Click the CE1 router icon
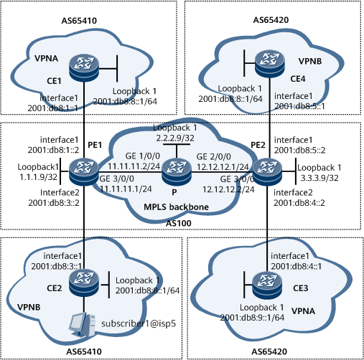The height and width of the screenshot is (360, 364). [84, 67]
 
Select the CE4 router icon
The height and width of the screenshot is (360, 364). [270, 64]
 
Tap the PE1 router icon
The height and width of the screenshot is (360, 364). [84, 171]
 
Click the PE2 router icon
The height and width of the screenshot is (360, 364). [267, 171]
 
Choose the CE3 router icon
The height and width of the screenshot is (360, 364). [267, 285]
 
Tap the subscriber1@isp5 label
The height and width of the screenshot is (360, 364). [139, 323]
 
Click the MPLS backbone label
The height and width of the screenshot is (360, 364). [176, 207]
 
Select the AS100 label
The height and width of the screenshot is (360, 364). [179, 223]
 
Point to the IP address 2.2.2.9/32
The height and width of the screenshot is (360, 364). [175, 138]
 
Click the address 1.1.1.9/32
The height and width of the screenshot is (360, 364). [38, 177]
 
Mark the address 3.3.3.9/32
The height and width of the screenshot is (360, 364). [319, 178]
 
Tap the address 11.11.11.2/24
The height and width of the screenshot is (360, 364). [134, 166]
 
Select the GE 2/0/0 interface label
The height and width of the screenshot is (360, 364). [214, 157]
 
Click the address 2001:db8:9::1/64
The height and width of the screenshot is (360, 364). [252, 318]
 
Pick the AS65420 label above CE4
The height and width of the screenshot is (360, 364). [271, 20]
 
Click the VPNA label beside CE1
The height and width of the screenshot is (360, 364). [46, 58]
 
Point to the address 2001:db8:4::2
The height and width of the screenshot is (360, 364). [299, 203]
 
